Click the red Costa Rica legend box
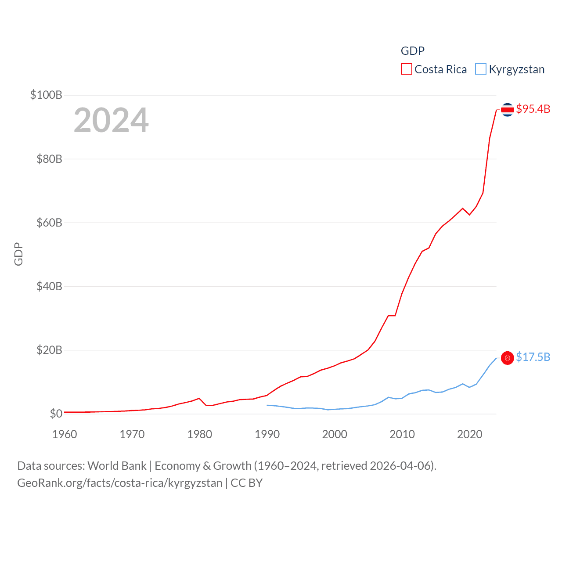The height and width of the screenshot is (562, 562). [x=407, y=69]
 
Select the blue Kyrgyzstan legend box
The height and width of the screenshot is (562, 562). [x=481, y=69]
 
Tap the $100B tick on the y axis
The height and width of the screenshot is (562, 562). [x=46, y=95]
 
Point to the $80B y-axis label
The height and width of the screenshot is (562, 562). [x=49, y=159]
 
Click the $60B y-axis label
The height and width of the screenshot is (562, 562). [x=49, y=223]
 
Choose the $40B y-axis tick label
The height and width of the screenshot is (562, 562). [x=49, y=286]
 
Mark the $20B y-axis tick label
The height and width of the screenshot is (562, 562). [x=49, y=350]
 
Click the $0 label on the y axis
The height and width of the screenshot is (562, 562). [x=56, y=414]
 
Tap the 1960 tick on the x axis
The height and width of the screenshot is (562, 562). [x=65, y=434]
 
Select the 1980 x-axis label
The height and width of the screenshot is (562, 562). [x=200, y=434]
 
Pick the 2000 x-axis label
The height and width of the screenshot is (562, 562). [x=335, y=434]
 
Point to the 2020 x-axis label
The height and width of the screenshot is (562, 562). [x=470, y=434]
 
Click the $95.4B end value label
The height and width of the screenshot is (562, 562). [x=533, y=109]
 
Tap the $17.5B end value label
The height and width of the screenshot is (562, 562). [x=533, y=357]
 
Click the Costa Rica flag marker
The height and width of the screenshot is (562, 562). [x=508, y=110]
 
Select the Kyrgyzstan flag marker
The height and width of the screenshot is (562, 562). [x=508, y=358]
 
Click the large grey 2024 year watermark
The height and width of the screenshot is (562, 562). [x=111, y=120]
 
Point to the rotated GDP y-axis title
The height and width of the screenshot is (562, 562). [x=18, y=254]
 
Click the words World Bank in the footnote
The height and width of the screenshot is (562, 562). [x=117, y=466]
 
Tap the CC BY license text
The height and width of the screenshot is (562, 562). [x=247, y=483]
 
